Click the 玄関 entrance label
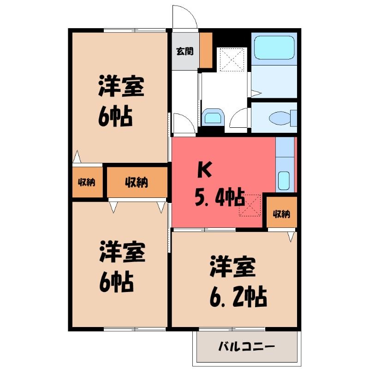pyautogui.click(x=185, y=51)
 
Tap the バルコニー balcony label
pyautogui.click(x=246, y=346)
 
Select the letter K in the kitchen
pyautogui.click(x=204, y=169)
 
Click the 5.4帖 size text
pyautogui.click(x=220, y=197)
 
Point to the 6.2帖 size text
pyautogui.click(x=238, y=297)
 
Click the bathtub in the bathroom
pyautogui.click(x=274, y=48)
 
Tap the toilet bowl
pyautogui.click(x=280, y=118)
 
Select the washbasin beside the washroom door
pyautogui.click(x=213, y=116)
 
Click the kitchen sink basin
pyautogui.click(x=284, y=180)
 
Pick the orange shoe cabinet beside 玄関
pyautogui.click(x=206, y=50)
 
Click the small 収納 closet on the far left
pyautogui.click(x=87, y=182)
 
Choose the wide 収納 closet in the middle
pyautogui.click(x=137, y=182)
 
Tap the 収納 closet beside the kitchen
pyautogui.click(x=282, y=212)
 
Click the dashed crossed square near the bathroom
pyautogui.click(x=232, y=60)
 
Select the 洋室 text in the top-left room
pyautogui.click(x=121, y=86)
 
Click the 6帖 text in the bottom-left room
pyautogui.click(x=116, y=282)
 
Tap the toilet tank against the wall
pyautogui.click(x=294, y=118)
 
